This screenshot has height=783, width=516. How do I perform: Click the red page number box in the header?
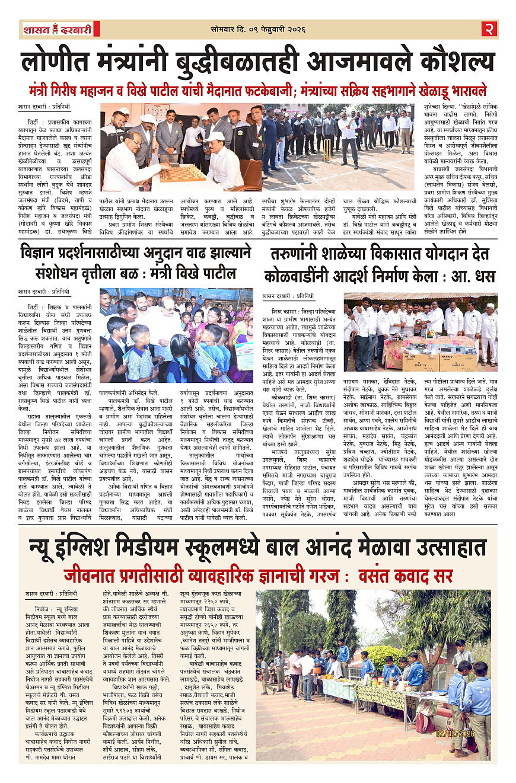489,28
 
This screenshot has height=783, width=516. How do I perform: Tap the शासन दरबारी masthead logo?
58,28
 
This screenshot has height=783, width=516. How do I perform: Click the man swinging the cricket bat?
347,136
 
